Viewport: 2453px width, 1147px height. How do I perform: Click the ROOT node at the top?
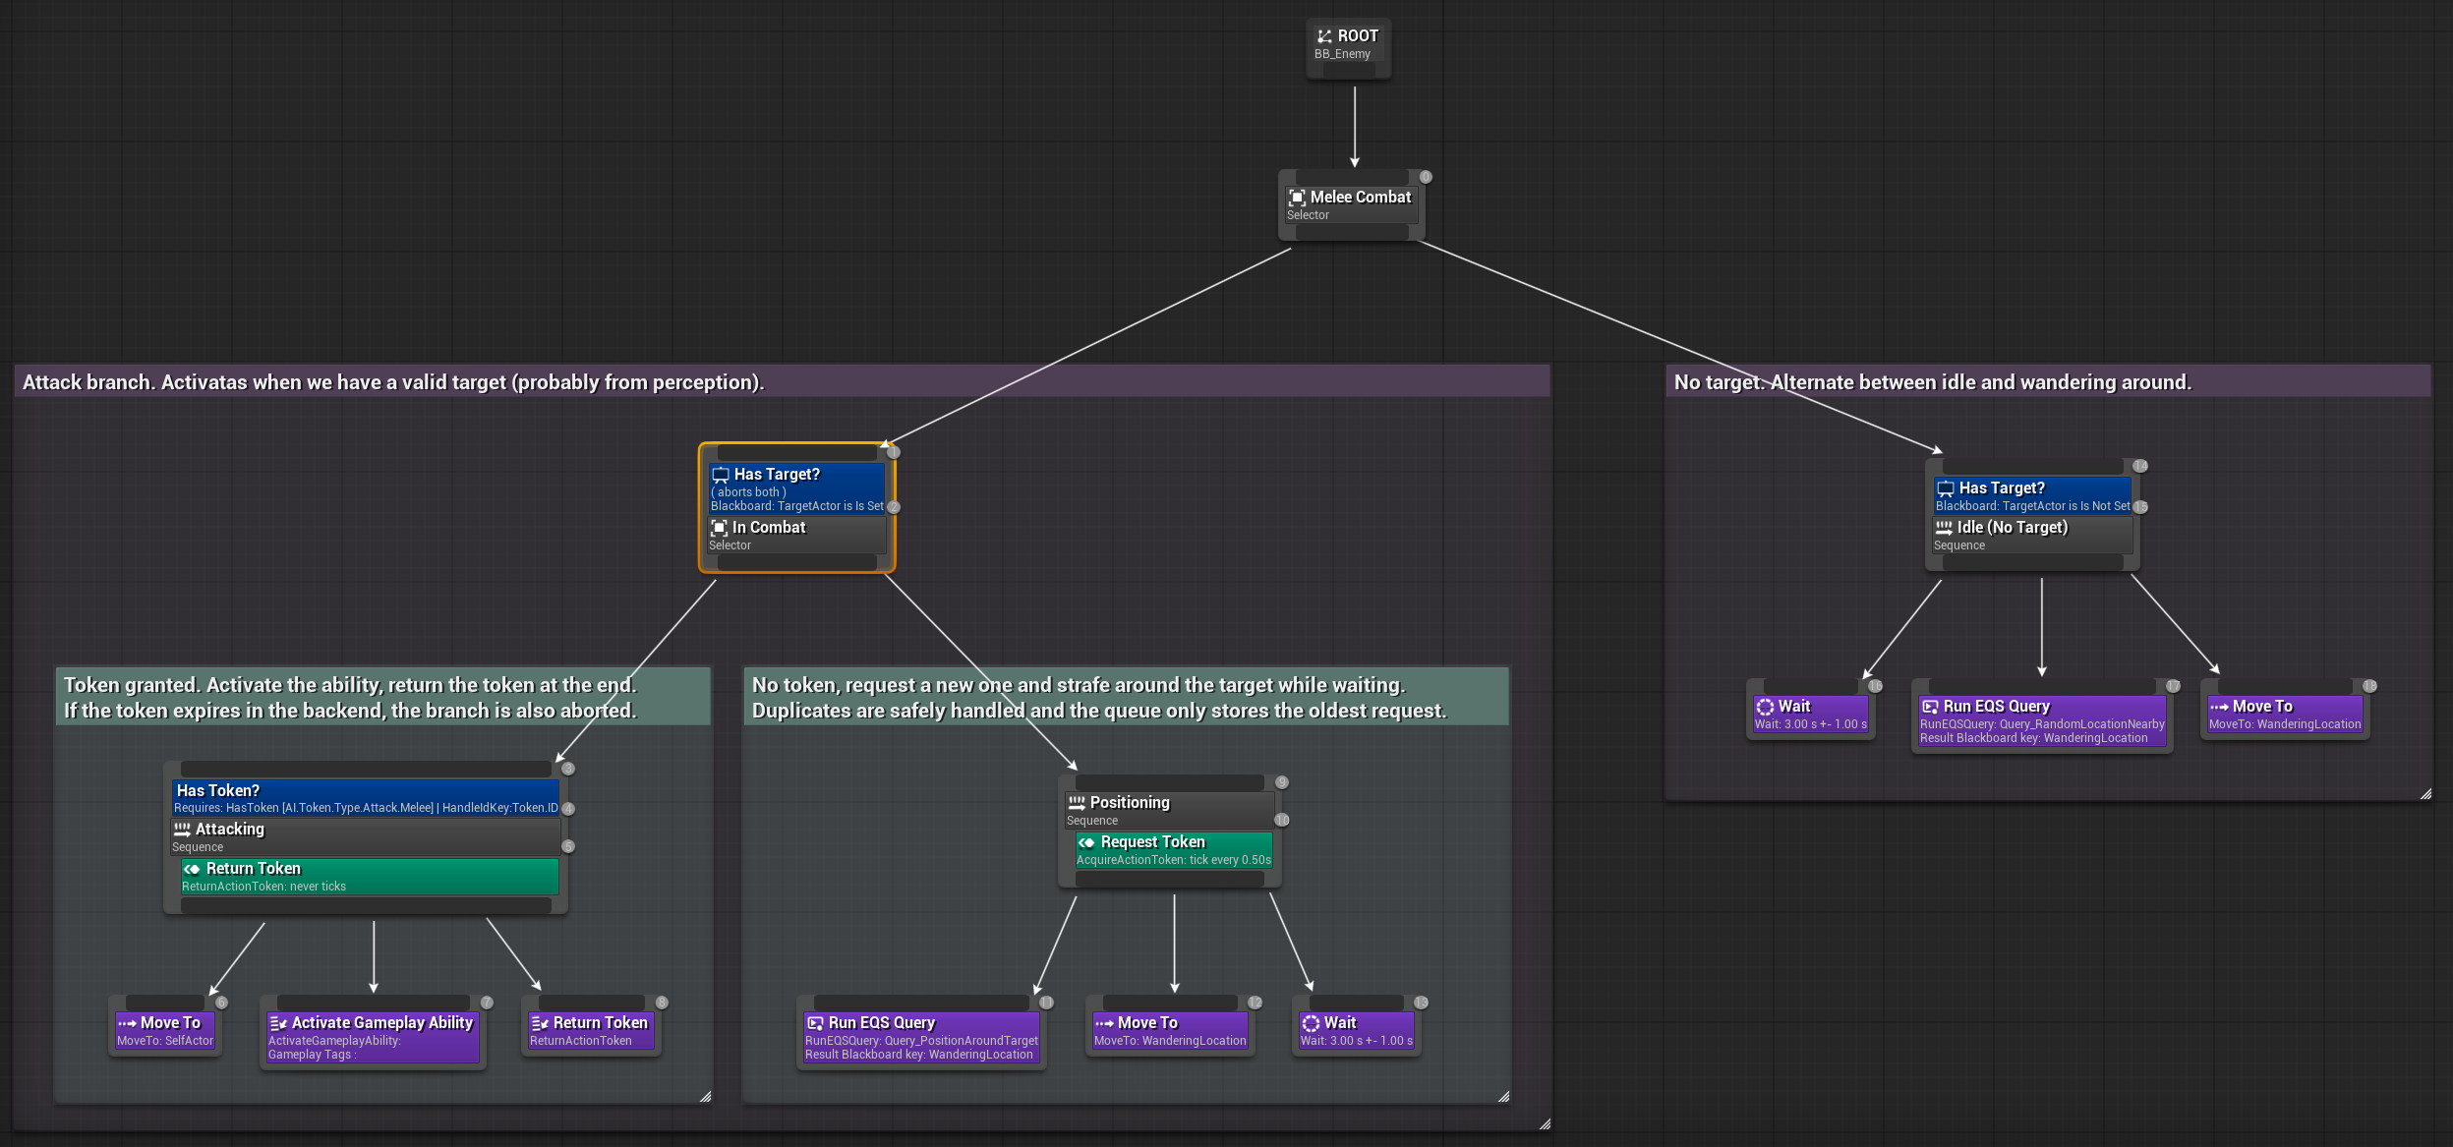tap(1348, 44)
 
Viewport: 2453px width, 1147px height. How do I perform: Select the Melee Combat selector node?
tap(1351, 204)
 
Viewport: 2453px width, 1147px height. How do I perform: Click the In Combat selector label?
tap(769, 528)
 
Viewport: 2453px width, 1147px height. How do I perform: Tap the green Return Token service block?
tap(369, 876)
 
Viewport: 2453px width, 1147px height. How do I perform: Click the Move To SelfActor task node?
tap(165, 1030)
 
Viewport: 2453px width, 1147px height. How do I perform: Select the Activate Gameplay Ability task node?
tap(372, 1037)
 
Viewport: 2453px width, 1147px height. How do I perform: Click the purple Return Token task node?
tap(590, 1030)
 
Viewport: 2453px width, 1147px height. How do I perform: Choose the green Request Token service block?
tap(1173, 849)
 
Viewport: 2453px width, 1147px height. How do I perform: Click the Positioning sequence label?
tap(1130, 803)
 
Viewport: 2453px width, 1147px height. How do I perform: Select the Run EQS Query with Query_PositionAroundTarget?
tap(920, 1037)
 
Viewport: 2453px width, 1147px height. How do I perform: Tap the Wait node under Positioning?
tap(1356, 1030)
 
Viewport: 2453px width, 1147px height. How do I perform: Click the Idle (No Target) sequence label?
tap(2012, 528)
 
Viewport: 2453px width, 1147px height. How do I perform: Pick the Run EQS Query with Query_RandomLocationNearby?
tap(2041, 720)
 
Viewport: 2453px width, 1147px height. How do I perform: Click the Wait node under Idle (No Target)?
tap(1810, 714)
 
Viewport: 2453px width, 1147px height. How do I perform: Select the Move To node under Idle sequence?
tap(2284, 714)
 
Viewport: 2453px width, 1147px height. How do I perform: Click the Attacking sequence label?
tap(229, 830)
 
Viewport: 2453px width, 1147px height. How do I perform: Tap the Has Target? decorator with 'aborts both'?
tap(795, 488)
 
